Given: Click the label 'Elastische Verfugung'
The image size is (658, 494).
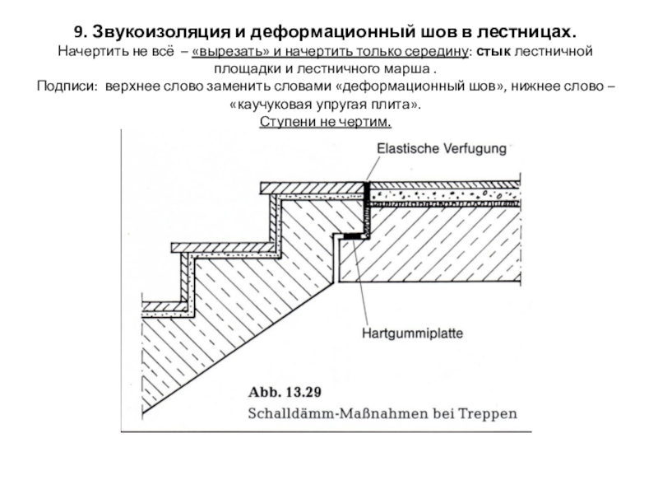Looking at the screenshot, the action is pos(442,148).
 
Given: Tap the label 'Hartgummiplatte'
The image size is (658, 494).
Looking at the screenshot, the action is pos(413,333).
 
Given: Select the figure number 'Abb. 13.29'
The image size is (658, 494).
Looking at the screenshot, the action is pos(285,393).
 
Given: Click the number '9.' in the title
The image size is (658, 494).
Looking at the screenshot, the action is pos(81,32).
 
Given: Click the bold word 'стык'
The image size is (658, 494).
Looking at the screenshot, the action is pos(493,51).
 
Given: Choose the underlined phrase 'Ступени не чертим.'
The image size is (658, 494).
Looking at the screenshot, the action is pos(325,122).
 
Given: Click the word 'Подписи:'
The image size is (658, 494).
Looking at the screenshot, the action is pos(68,86).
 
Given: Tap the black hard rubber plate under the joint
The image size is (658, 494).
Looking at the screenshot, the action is pos(354,236).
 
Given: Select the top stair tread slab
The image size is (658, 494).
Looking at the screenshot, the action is pos(313,188).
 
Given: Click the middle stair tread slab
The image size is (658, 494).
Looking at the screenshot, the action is pos(223,248).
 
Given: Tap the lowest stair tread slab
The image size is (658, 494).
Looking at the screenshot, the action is pos(164,306).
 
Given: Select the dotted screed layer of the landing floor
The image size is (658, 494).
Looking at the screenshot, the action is pos(445,195).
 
